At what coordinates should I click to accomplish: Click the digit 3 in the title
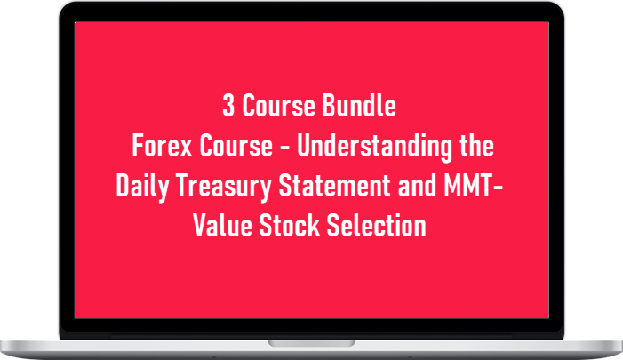[228, 108]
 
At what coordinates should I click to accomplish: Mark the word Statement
[336, 187]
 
